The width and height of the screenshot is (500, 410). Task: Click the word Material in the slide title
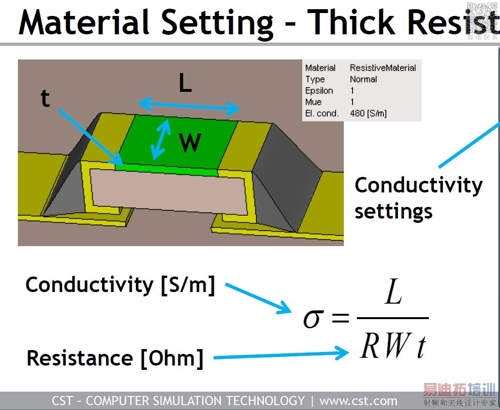click(84, 22)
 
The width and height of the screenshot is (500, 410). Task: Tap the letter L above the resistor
click(185, 84)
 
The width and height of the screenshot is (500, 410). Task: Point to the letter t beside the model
click(45, 99)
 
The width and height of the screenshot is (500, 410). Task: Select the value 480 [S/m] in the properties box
click(368, 114)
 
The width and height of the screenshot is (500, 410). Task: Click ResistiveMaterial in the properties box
click(382, 68)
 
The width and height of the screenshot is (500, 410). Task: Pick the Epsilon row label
click(319, 90)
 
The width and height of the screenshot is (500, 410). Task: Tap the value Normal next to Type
click(363, 79)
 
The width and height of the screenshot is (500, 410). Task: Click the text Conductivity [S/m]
click(120, 285)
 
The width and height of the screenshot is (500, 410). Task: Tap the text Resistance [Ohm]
click(115, 358)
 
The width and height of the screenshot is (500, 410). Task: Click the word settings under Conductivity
click(393, 211)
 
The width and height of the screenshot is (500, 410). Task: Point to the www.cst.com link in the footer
click(358, 401)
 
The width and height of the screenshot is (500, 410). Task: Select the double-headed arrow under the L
click(189, 106)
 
